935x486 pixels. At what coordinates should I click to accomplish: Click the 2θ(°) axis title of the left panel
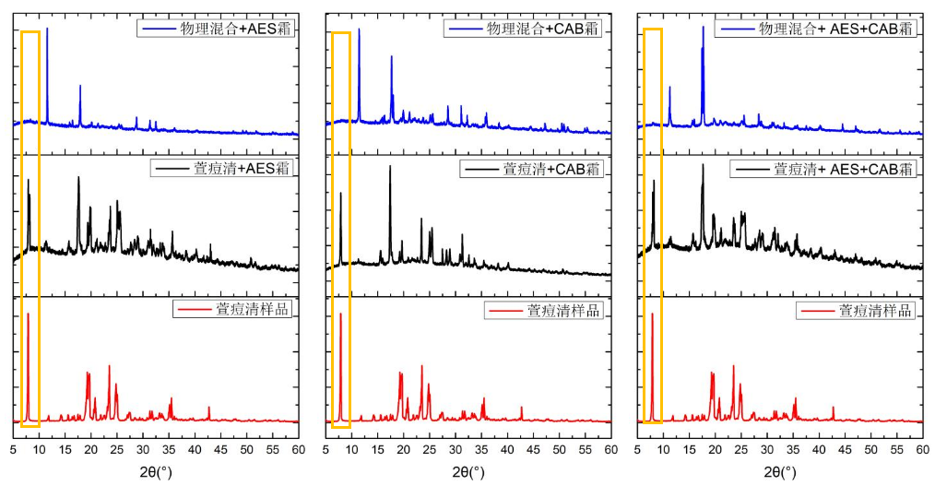156,472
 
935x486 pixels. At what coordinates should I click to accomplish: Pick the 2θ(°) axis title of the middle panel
467,472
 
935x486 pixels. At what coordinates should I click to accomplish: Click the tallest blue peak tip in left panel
47,29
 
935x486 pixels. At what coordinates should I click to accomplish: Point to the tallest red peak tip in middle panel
340,314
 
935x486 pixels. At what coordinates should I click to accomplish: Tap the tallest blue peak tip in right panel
703,27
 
